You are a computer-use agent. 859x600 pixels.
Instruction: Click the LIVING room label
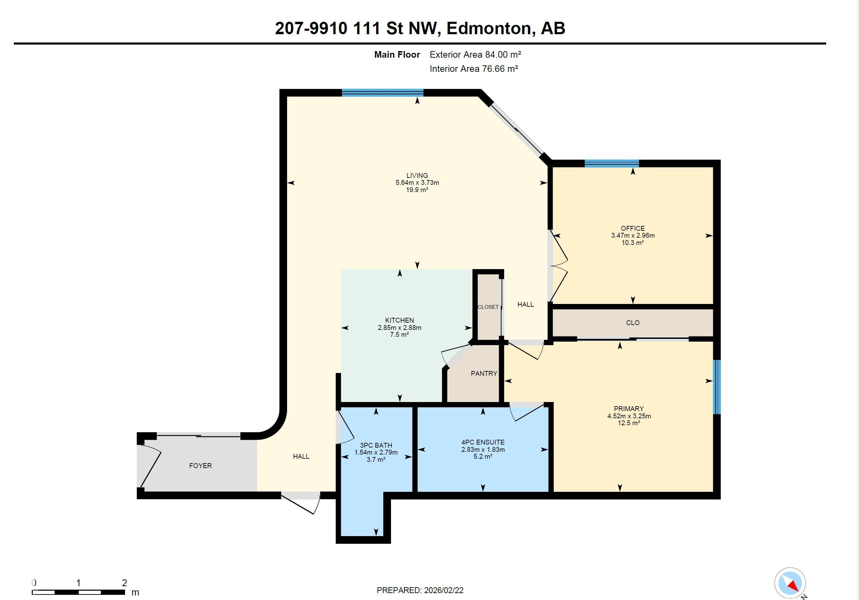[x=417, y=175]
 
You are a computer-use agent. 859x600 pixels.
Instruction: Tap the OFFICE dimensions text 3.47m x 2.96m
[x=633, y=235]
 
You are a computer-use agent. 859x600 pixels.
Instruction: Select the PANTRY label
[x=484, y=373]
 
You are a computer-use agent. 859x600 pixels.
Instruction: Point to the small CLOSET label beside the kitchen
[x=488, y=307]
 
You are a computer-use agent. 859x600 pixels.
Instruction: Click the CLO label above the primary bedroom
[x=633, y=322]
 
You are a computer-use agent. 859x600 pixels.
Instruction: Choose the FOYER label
[x=200, y=465]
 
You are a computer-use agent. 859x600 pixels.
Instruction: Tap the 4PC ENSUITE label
[x=483, y=442]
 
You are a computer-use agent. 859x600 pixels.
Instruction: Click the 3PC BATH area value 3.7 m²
[x=376, y=459]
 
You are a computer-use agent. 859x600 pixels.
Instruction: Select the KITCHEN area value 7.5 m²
[x=399, y=334]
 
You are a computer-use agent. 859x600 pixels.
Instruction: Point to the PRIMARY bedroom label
[x=629, y=409]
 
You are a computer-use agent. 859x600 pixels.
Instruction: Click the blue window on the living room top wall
[x=382, y=93]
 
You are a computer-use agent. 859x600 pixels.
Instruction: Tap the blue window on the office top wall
[x=612, y=163]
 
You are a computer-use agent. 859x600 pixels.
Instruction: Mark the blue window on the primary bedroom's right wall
[x=716, y=387]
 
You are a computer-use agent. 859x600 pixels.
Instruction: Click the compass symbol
[x=790, y=583]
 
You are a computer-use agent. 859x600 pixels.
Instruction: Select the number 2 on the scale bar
[x=124, y=582]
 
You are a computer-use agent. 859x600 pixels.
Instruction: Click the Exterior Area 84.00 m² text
[x=475, y=55]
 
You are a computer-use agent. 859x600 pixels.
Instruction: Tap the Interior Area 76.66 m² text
[x=474, y=69]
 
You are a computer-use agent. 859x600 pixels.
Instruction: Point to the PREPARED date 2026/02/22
[x=443, y=590]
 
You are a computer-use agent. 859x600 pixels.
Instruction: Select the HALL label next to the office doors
[x=525, y=304]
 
